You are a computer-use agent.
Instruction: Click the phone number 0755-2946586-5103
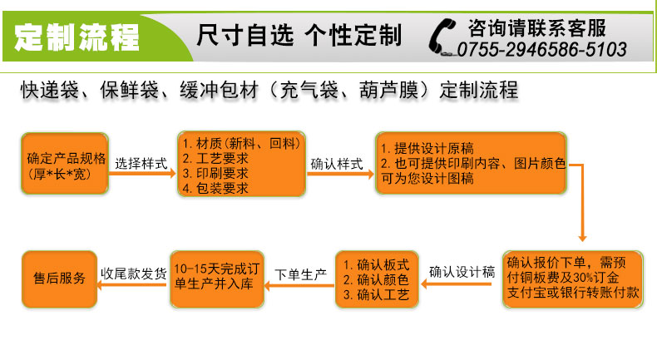(x=541, y=50)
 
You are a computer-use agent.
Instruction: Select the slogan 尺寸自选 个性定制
(x=299, y=36)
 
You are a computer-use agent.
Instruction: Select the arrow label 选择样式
(x=141, y=163)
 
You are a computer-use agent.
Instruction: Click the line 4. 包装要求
(x=215, y=188)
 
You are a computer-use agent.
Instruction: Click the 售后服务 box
(x=59, y=279)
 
